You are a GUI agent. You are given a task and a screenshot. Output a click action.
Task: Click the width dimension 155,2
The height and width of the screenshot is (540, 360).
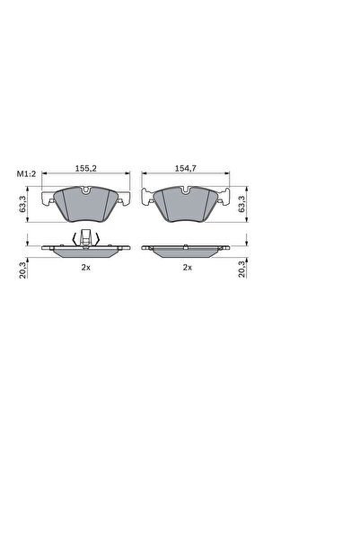pos(87,168)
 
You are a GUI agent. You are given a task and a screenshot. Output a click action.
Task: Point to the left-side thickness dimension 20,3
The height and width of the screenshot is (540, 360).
pos(22,267)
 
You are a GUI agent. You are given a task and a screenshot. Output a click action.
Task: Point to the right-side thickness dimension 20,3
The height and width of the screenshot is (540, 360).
pos(243,267)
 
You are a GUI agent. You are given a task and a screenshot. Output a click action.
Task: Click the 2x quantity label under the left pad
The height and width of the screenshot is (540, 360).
pos(86,267)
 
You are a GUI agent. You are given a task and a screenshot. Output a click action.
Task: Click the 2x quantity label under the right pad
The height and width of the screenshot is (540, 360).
pos(187,267)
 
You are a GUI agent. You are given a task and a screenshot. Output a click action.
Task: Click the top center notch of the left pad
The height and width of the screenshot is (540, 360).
pos(86,190)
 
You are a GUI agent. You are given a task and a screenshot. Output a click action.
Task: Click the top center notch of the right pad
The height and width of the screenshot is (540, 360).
pos(187,190)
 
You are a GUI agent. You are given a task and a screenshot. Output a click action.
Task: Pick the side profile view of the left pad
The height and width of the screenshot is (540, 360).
pos(86,251)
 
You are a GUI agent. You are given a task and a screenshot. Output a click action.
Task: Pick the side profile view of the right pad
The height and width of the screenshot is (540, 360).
pos(187,251)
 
